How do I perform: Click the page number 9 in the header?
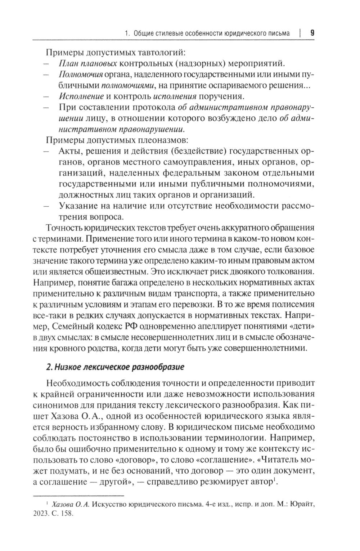(312, 33)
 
